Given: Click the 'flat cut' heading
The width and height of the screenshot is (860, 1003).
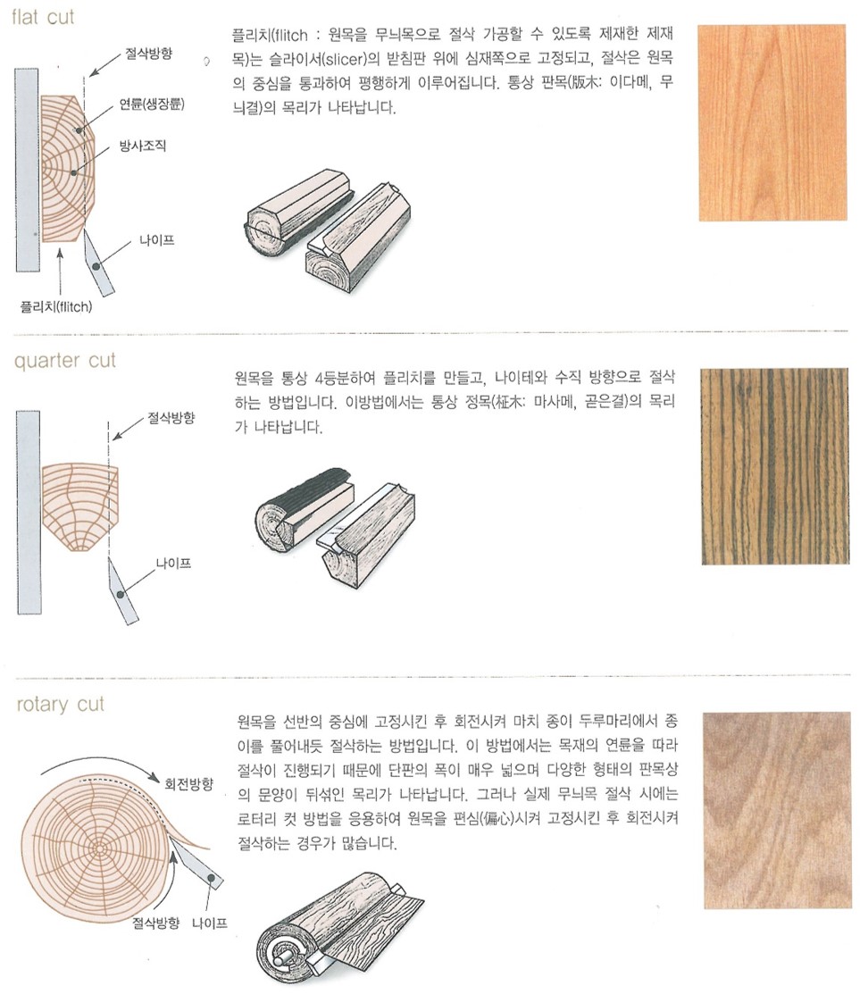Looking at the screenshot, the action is (x=43, y=17).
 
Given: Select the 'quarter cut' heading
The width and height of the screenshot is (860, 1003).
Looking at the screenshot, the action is (x=64, y=360).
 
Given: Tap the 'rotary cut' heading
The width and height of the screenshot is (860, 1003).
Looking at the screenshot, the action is (x=60, y=705).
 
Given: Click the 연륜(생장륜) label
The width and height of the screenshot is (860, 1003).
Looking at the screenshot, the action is (x=152, y=104).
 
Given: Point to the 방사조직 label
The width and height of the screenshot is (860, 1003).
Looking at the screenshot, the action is (x=143, y=146).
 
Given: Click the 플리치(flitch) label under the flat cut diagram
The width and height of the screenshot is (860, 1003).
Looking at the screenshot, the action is (x=56, y=307).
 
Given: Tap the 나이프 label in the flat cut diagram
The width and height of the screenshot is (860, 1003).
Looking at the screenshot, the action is (x=156, y=240).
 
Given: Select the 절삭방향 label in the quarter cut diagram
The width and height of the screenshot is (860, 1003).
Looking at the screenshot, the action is (x=171, y=418).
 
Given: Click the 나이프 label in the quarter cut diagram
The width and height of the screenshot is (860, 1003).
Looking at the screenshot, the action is (x=174, y=564).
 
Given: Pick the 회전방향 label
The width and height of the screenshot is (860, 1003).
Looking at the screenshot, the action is (x=188, y=784).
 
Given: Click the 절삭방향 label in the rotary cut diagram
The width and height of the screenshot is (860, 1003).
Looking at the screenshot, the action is (x=156, y=923).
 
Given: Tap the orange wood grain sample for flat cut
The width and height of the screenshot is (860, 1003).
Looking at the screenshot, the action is (x=772, y=123).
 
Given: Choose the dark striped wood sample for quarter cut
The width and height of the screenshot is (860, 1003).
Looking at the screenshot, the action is (x=775, y=466).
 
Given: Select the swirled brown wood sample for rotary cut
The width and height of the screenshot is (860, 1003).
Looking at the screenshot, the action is (x=778, y=810).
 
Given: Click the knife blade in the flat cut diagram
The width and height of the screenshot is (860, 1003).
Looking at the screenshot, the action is (x=98, y=263).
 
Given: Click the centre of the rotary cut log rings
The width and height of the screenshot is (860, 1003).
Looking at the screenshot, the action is (x=99, y=848).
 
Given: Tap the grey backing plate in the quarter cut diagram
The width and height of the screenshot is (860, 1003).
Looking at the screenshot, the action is (x=29, y=513).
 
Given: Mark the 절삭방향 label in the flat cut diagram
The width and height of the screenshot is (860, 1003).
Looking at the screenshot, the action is (x=148, y=53).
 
